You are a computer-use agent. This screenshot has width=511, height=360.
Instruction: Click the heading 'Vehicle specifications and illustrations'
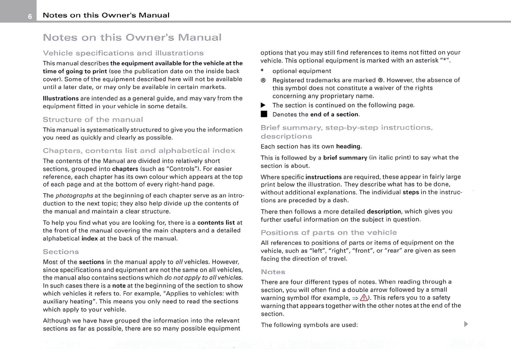[x=123, y=53]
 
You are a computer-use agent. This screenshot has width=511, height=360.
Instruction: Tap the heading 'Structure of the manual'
[x=93, y=120]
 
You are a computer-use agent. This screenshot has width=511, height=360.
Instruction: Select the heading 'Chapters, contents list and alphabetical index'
[x=139, y=151]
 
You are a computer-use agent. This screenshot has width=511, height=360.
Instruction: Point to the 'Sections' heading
[x=61, y=251]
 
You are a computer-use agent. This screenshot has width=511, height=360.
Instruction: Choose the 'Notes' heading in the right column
[x=273, y=272]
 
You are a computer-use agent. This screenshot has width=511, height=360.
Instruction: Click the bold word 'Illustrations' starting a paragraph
[x=61, y=98]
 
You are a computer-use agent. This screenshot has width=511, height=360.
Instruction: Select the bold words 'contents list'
[x=216, y=223]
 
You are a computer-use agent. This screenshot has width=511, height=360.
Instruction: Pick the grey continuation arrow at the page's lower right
[x=466, y=325]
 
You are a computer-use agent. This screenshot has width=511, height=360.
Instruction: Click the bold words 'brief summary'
[x=345, y=158]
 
